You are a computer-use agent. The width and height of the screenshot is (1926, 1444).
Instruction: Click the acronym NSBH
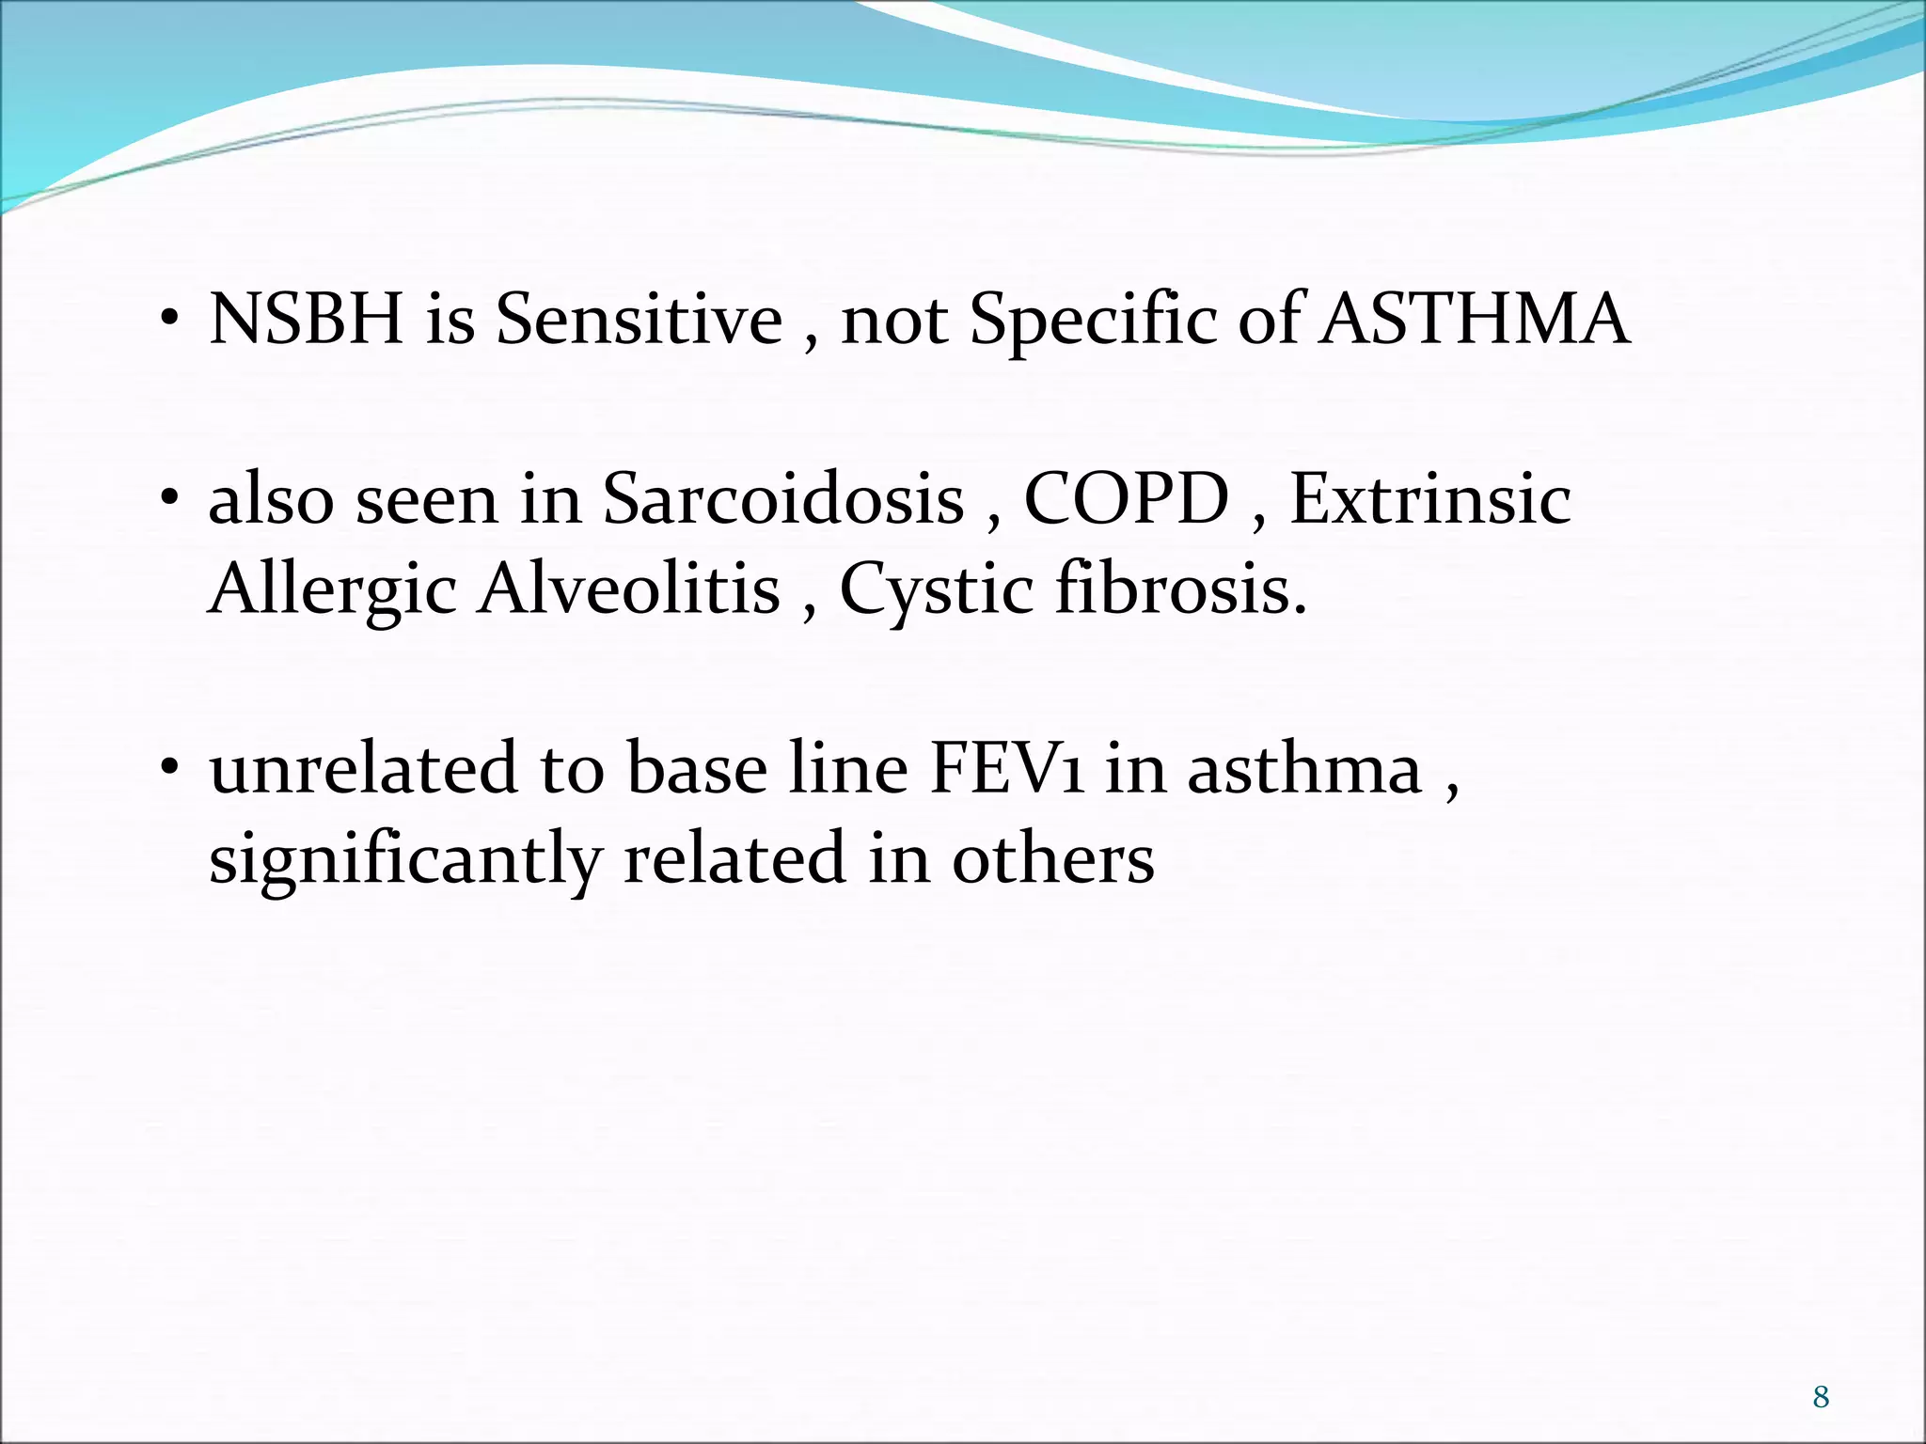(307, 320)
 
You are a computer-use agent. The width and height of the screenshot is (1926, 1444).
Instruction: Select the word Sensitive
(639, 320)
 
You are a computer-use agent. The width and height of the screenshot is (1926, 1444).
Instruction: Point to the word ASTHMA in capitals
(1474, 320)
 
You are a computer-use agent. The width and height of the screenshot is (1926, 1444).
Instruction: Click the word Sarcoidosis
(783, 498)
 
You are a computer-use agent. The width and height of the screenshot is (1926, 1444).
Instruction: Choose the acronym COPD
(1126, 498)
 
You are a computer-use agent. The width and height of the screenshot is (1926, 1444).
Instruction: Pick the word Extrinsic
(1429, 498)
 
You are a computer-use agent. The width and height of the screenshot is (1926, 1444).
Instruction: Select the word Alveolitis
(628, 589)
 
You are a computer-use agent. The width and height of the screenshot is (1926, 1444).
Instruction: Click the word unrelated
(363, 769)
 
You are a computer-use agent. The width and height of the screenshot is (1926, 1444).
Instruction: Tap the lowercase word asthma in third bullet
(1303, 769)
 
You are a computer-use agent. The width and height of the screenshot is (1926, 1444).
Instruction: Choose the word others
(1052, 859)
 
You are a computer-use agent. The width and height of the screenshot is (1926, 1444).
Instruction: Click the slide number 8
(1821, 1398)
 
